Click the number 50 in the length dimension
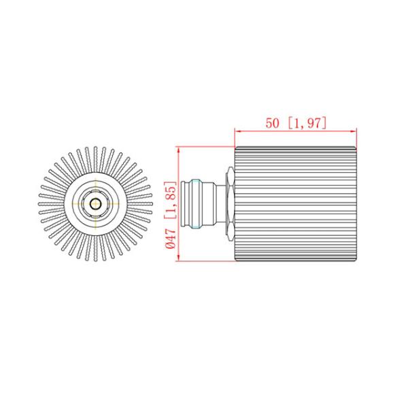(x=272, y=123)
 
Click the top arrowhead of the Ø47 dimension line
(x=177, y=150)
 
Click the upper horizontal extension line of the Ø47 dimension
(x=204, y=146)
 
